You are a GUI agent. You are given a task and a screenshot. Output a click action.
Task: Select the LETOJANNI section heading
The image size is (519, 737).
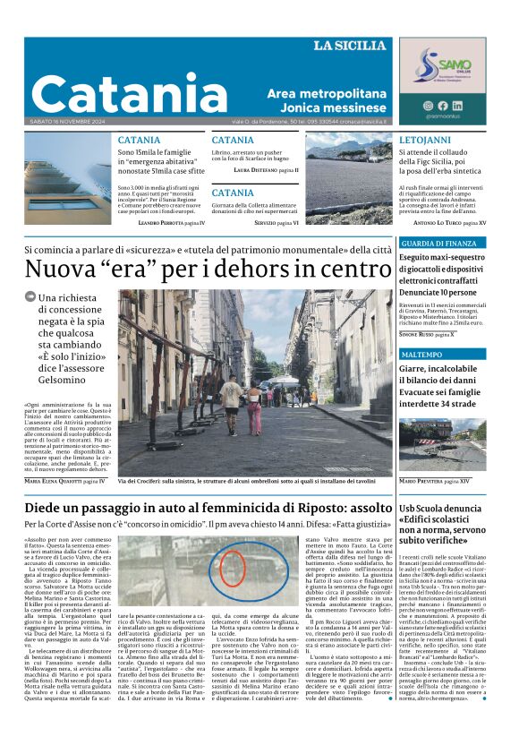click(x=425, y=141)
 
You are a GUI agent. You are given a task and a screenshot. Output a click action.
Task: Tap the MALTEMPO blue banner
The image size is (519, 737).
click(x=423, y=355)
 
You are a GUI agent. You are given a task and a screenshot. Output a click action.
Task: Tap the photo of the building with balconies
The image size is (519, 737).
click(x=68, y=179)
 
